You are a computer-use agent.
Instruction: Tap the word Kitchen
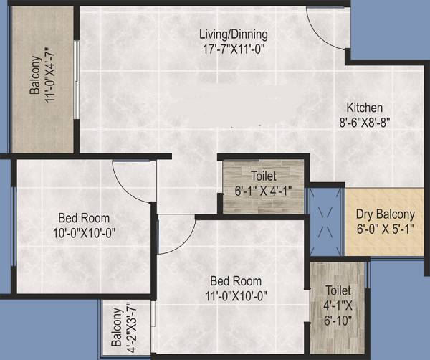[x=365, y=107]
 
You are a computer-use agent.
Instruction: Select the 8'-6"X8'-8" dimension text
[x=365, y=122]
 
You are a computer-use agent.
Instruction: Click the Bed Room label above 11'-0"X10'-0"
[x=235, y=280]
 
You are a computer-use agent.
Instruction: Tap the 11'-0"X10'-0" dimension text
[x=235, y=295]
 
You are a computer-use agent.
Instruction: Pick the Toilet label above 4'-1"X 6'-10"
[x=338, y=291]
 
